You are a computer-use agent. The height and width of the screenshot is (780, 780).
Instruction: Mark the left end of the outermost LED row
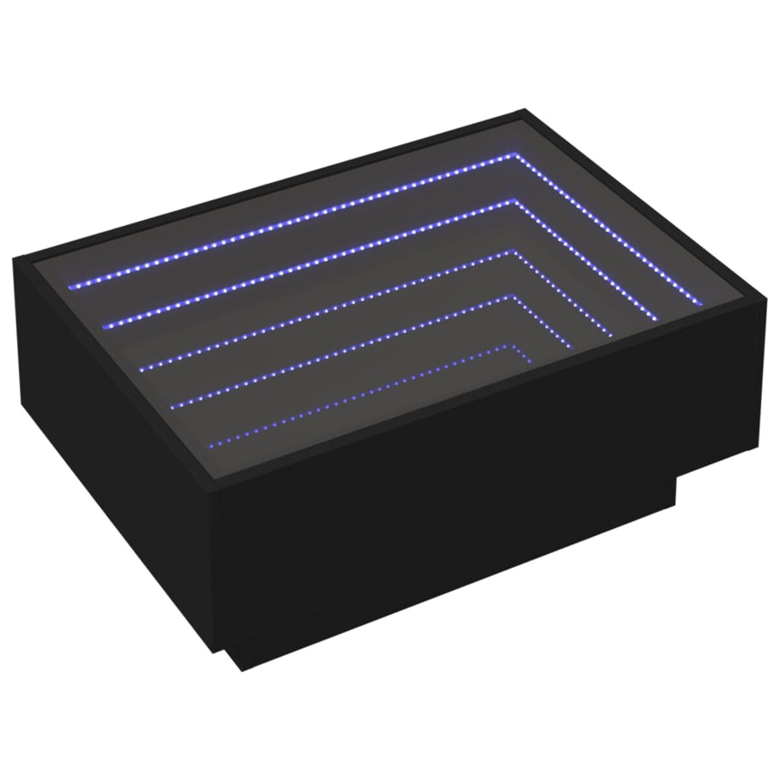point(71,284)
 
